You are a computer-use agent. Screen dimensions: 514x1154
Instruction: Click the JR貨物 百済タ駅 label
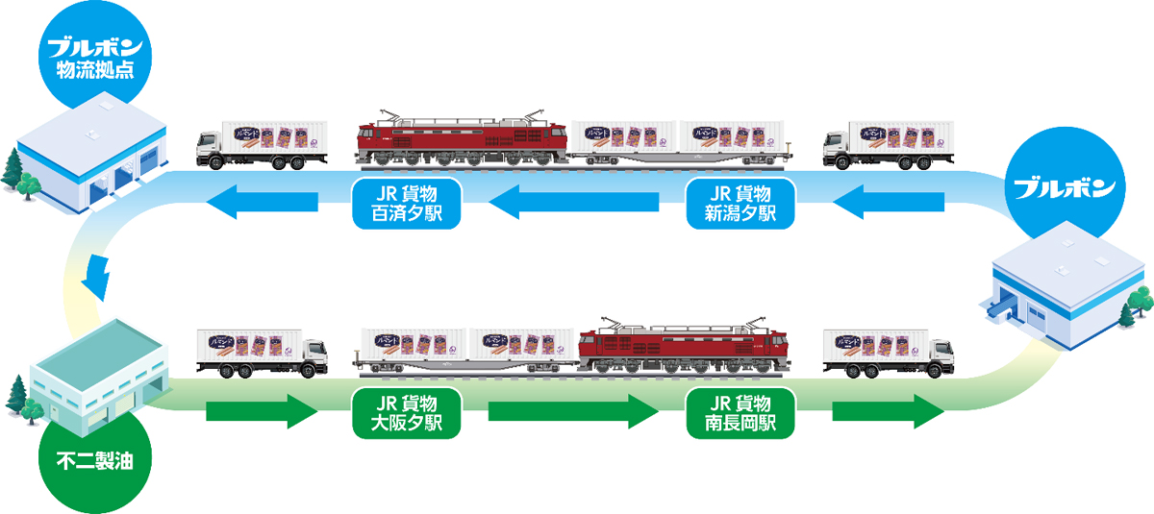[x=406, y=202]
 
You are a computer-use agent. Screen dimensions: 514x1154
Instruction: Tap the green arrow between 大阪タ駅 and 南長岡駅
[x=573, y=413]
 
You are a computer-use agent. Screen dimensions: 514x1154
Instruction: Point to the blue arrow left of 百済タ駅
[x=263, y=202]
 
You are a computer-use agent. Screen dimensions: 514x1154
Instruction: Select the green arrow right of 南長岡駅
[x=887, y=413]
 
